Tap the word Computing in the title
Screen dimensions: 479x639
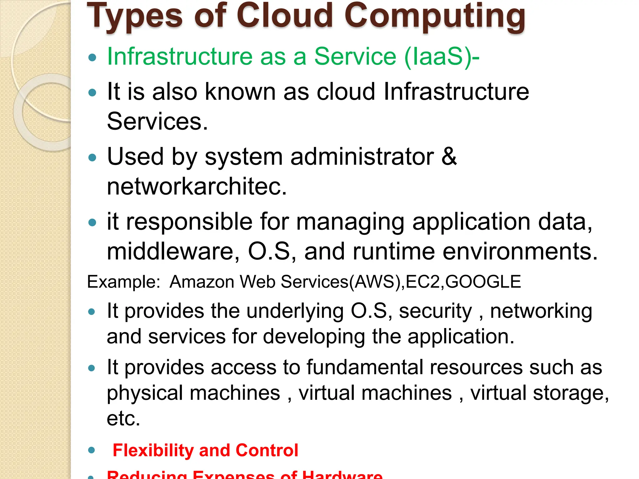(435, 17)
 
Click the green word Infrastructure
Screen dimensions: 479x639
(180, 57)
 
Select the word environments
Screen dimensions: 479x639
(520, 251)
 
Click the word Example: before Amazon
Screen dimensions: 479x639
(124, 282)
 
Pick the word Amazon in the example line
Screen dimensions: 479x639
(202, 282)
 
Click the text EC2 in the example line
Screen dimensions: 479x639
(423, 282)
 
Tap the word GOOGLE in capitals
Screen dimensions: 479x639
(483, 282)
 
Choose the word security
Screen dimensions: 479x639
(436, 311)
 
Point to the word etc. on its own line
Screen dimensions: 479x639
(124, 419)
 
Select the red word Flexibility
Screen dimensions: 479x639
(153, 450)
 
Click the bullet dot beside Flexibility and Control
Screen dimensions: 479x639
(91, 450)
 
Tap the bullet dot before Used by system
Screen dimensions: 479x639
(92, 157)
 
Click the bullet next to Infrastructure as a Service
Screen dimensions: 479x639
(92, 58)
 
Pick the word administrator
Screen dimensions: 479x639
(362, 156)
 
